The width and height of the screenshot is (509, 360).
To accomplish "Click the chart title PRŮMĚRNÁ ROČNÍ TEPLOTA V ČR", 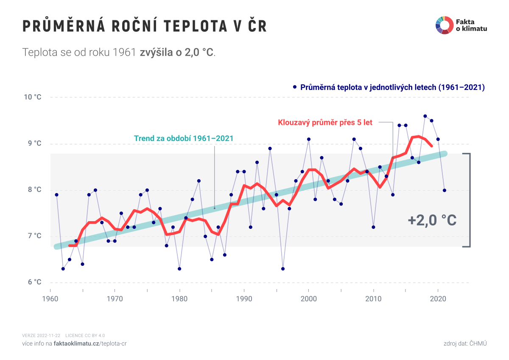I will [144, 26].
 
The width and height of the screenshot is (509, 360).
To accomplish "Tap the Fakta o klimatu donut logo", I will [444, 25].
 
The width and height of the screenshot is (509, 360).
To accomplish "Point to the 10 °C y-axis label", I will [33, 97].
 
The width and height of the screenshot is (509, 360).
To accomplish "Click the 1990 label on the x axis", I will [244, 298].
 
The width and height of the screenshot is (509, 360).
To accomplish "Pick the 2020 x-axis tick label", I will [438, 298].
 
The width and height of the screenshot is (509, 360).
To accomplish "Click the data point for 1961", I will [56, 195].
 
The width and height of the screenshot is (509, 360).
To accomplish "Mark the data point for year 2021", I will [445, 190].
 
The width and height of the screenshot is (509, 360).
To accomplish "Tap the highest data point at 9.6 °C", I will [425, 116].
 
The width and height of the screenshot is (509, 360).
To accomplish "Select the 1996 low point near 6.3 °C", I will [283, 269].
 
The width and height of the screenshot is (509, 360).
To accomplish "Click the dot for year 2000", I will [309, 139].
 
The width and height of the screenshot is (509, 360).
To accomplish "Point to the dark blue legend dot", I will [294, 87].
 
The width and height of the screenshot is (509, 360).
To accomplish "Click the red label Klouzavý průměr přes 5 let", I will [325, 123].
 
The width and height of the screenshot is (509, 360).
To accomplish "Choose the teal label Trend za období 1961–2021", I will [184, 138].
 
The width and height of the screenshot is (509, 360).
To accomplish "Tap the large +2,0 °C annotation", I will [432, 220].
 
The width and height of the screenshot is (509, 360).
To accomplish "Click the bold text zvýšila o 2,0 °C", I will [177, 53].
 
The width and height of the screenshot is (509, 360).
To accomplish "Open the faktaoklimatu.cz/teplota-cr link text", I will [90, 343].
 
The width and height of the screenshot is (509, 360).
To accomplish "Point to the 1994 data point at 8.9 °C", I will [270, 149].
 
